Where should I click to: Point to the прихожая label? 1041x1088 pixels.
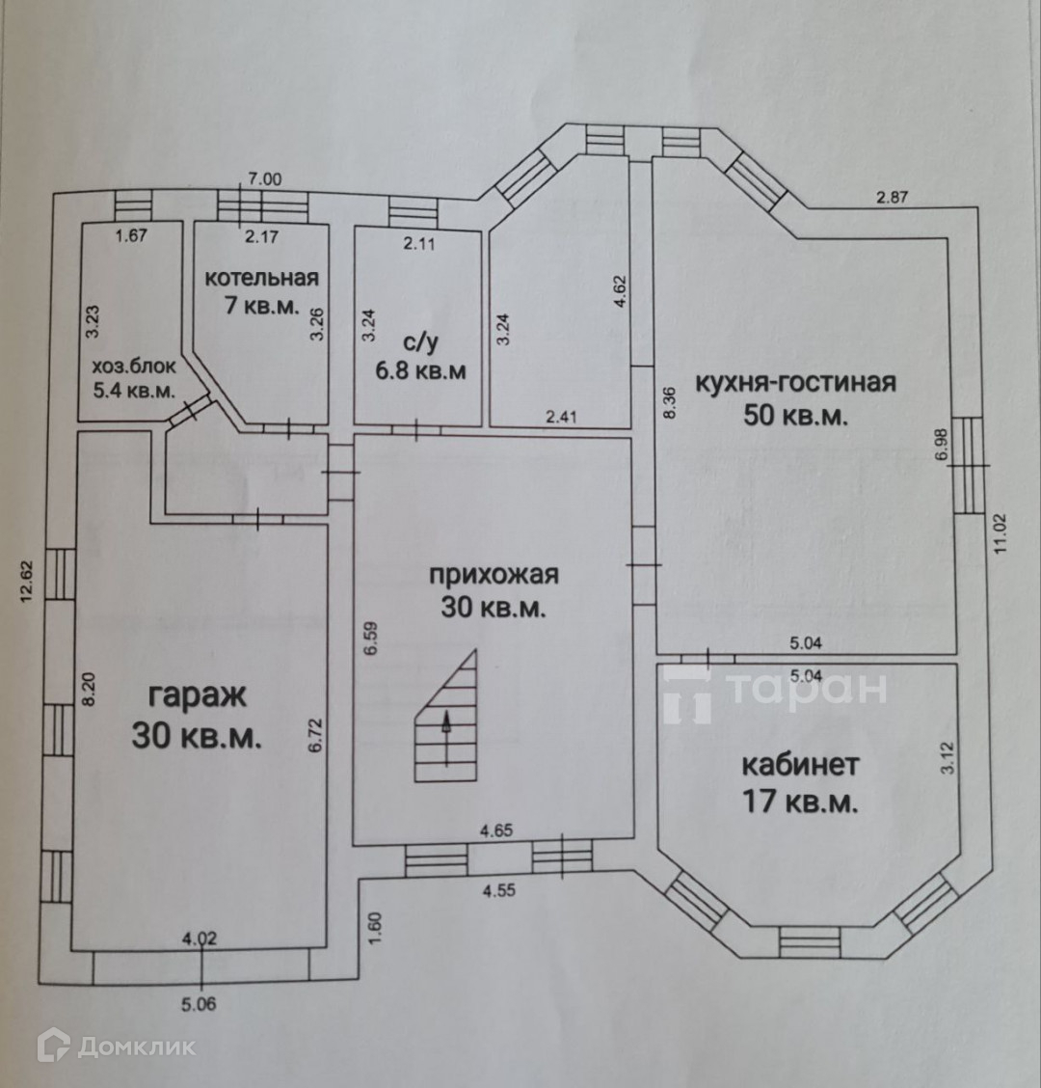[x=494, y=575]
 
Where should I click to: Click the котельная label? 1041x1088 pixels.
[x=261, y=279]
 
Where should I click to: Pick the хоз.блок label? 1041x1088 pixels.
[x=134, y=368]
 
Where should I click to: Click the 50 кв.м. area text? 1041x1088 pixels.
[x=795, y=417]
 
